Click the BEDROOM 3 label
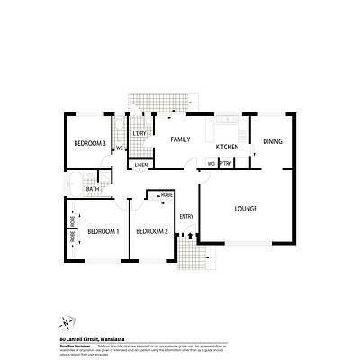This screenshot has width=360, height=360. (x=91, y=144)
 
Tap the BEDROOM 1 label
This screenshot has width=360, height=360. (x=103, y=231)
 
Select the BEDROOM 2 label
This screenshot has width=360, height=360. (x=152, y=231)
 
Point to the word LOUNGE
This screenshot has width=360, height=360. (x=246, y=209)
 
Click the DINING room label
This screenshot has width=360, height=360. (x=273, y=141)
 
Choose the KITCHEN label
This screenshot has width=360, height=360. (x=227, y=146)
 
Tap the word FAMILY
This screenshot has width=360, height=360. (x=180, y=139)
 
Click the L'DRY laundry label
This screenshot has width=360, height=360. (x=139, y=134)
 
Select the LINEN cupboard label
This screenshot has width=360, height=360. (x=141, y=166)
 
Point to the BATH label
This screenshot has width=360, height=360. (x=93, y=188)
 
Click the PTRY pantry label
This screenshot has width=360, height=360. (x=226, y=164)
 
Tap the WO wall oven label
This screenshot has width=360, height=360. (x=211, y=164)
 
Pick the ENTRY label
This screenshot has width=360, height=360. (x=186, y=216)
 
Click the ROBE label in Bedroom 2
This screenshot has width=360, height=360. (x=166, y=195)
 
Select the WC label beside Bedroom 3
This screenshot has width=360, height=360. (x=120, y=148)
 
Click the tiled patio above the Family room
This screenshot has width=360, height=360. (x=158, y=101)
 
